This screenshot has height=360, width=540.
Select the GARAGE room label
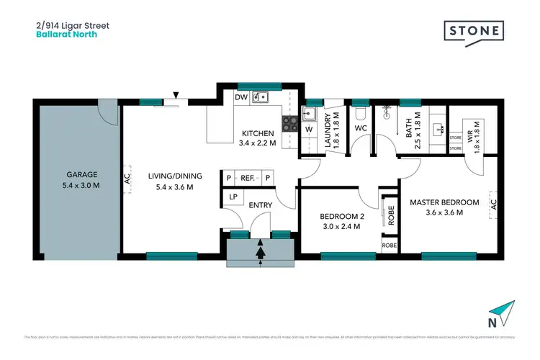(81, 174)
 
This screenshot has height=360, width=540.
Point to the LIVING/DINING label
(175, 176)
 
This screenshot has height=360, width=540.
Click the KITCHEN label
(257, 133)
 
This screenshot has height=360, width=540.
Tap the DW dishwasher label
(242, 98)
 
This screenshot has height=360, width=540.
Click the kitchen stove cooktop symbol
(289, 123)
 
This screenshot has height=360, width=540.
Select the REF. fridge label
(248, 178)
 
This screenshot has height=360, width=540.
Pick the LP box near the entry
(233, 197)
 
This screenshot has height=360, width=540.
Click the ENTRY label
(260, 205)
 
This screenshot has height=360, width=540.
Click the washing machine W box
(309, 130)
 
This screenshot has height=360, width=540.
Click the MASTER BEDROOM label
(444, 202)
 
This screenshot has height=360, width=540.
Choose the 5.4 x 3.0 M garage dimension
(81, 186)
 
